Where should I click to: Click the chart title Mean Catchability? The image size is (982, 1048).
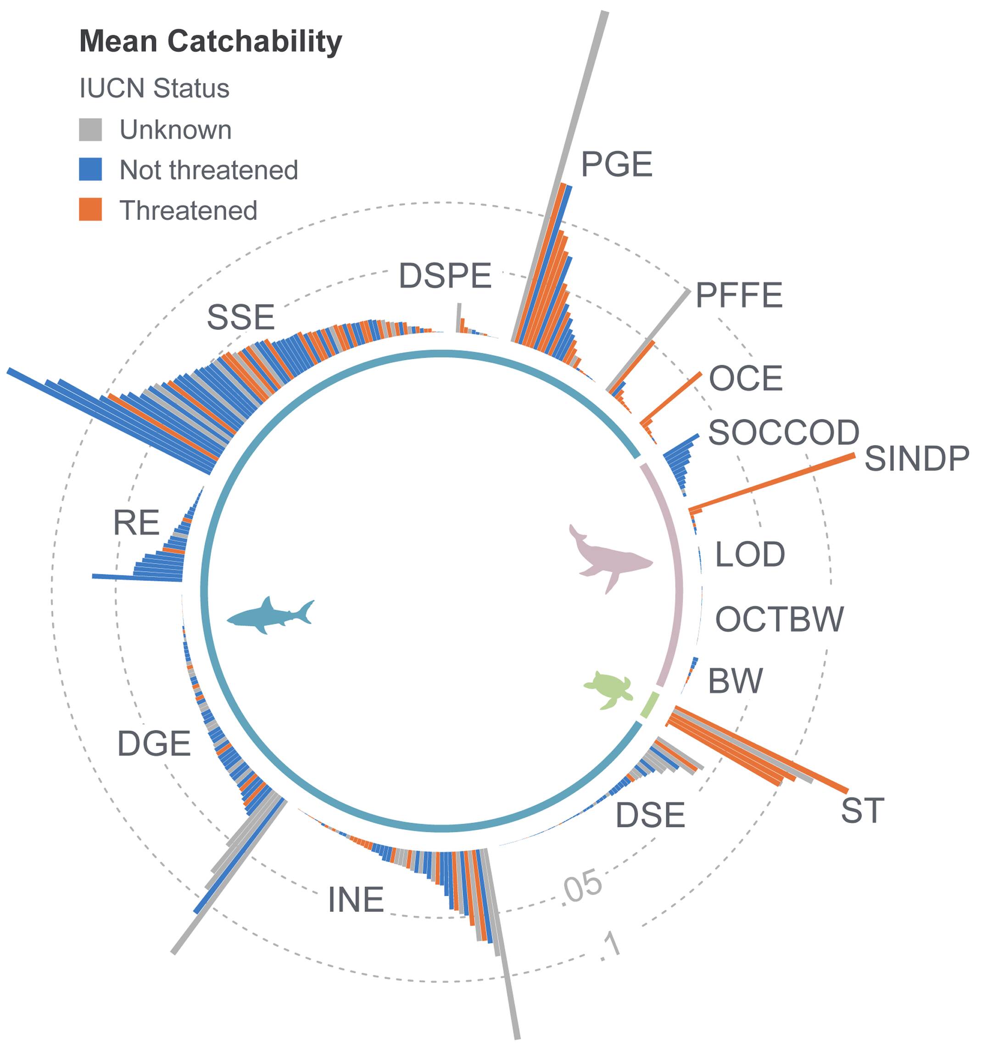click(210, 42)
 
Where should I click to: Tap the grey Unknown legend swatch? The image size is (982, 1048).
click(90, 130)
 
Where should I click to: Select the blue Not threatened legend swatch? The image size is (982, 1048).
click(90, 170)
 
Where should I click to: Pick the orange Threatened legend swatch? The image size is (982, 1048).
click(90, 210)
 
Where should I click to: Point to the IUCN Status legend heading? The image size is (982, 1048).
click(154, 88)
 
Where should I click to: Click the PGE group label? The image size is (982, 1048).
click(616, 164)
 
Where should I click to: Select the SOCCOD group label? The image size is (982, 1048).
click(783, 433)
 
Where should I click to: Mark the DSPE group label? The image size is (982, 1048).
click(445, 276)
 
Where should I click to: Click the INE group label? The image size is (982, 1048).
click(356, 900)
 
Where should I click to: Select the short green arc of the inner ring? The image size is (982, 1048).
click(650, 706)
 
